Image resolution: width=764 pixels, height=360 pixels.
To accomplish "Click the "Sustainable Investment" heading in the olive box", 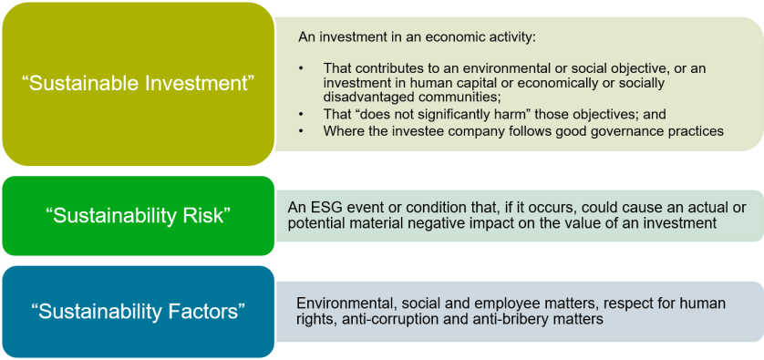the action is point(139,83).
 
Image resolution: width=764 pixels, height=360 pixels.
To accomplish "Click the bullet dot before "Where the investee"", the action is point(302,131).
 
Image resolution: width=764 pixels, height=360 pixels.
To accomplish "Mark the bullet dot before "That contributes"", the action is point(302,68).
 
